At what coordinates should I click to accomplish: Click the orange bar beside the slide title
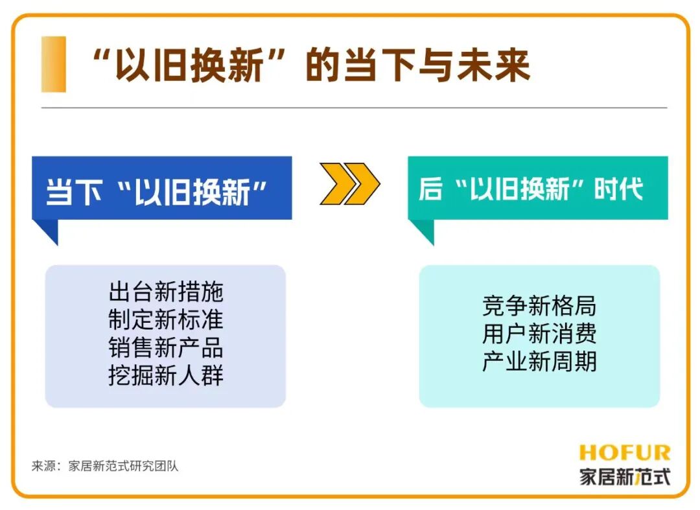pyautogui.click(x=54, y=64)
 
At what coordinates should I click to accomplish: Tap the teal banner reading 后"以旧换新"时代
pyautogui.click(x=537, y=189)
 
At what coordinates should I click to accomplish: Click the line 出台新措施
pyautogui.click(x=166, y=292)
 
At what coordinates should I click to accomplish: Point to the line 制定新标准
pyautogui.click(x=166, y=320)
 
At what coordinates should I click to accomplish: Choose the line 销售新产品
pyautogui.click(x=166, y=348)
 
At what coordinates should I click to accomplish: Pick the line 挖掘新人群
pyautogui.click(x=166, y=376)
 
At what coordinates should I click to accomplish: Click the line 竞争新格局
pyautogui.click(x=539, y=306)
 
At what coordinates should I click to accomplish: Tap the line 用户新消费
pyautogui.click(x=539, y=334)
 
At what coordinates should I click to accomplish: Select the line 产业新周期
pyautogui.click(x=539, y=362)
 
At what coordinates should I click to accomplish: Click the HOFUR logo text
pyautogui.click(x=624, y=452)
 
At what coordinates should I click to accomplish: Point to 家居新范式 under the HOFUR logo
pyautogui.click(x=624, y=477)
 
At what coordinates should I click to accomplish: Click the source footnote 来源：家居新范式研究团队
pyautogui.click(x=105, y=466)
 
